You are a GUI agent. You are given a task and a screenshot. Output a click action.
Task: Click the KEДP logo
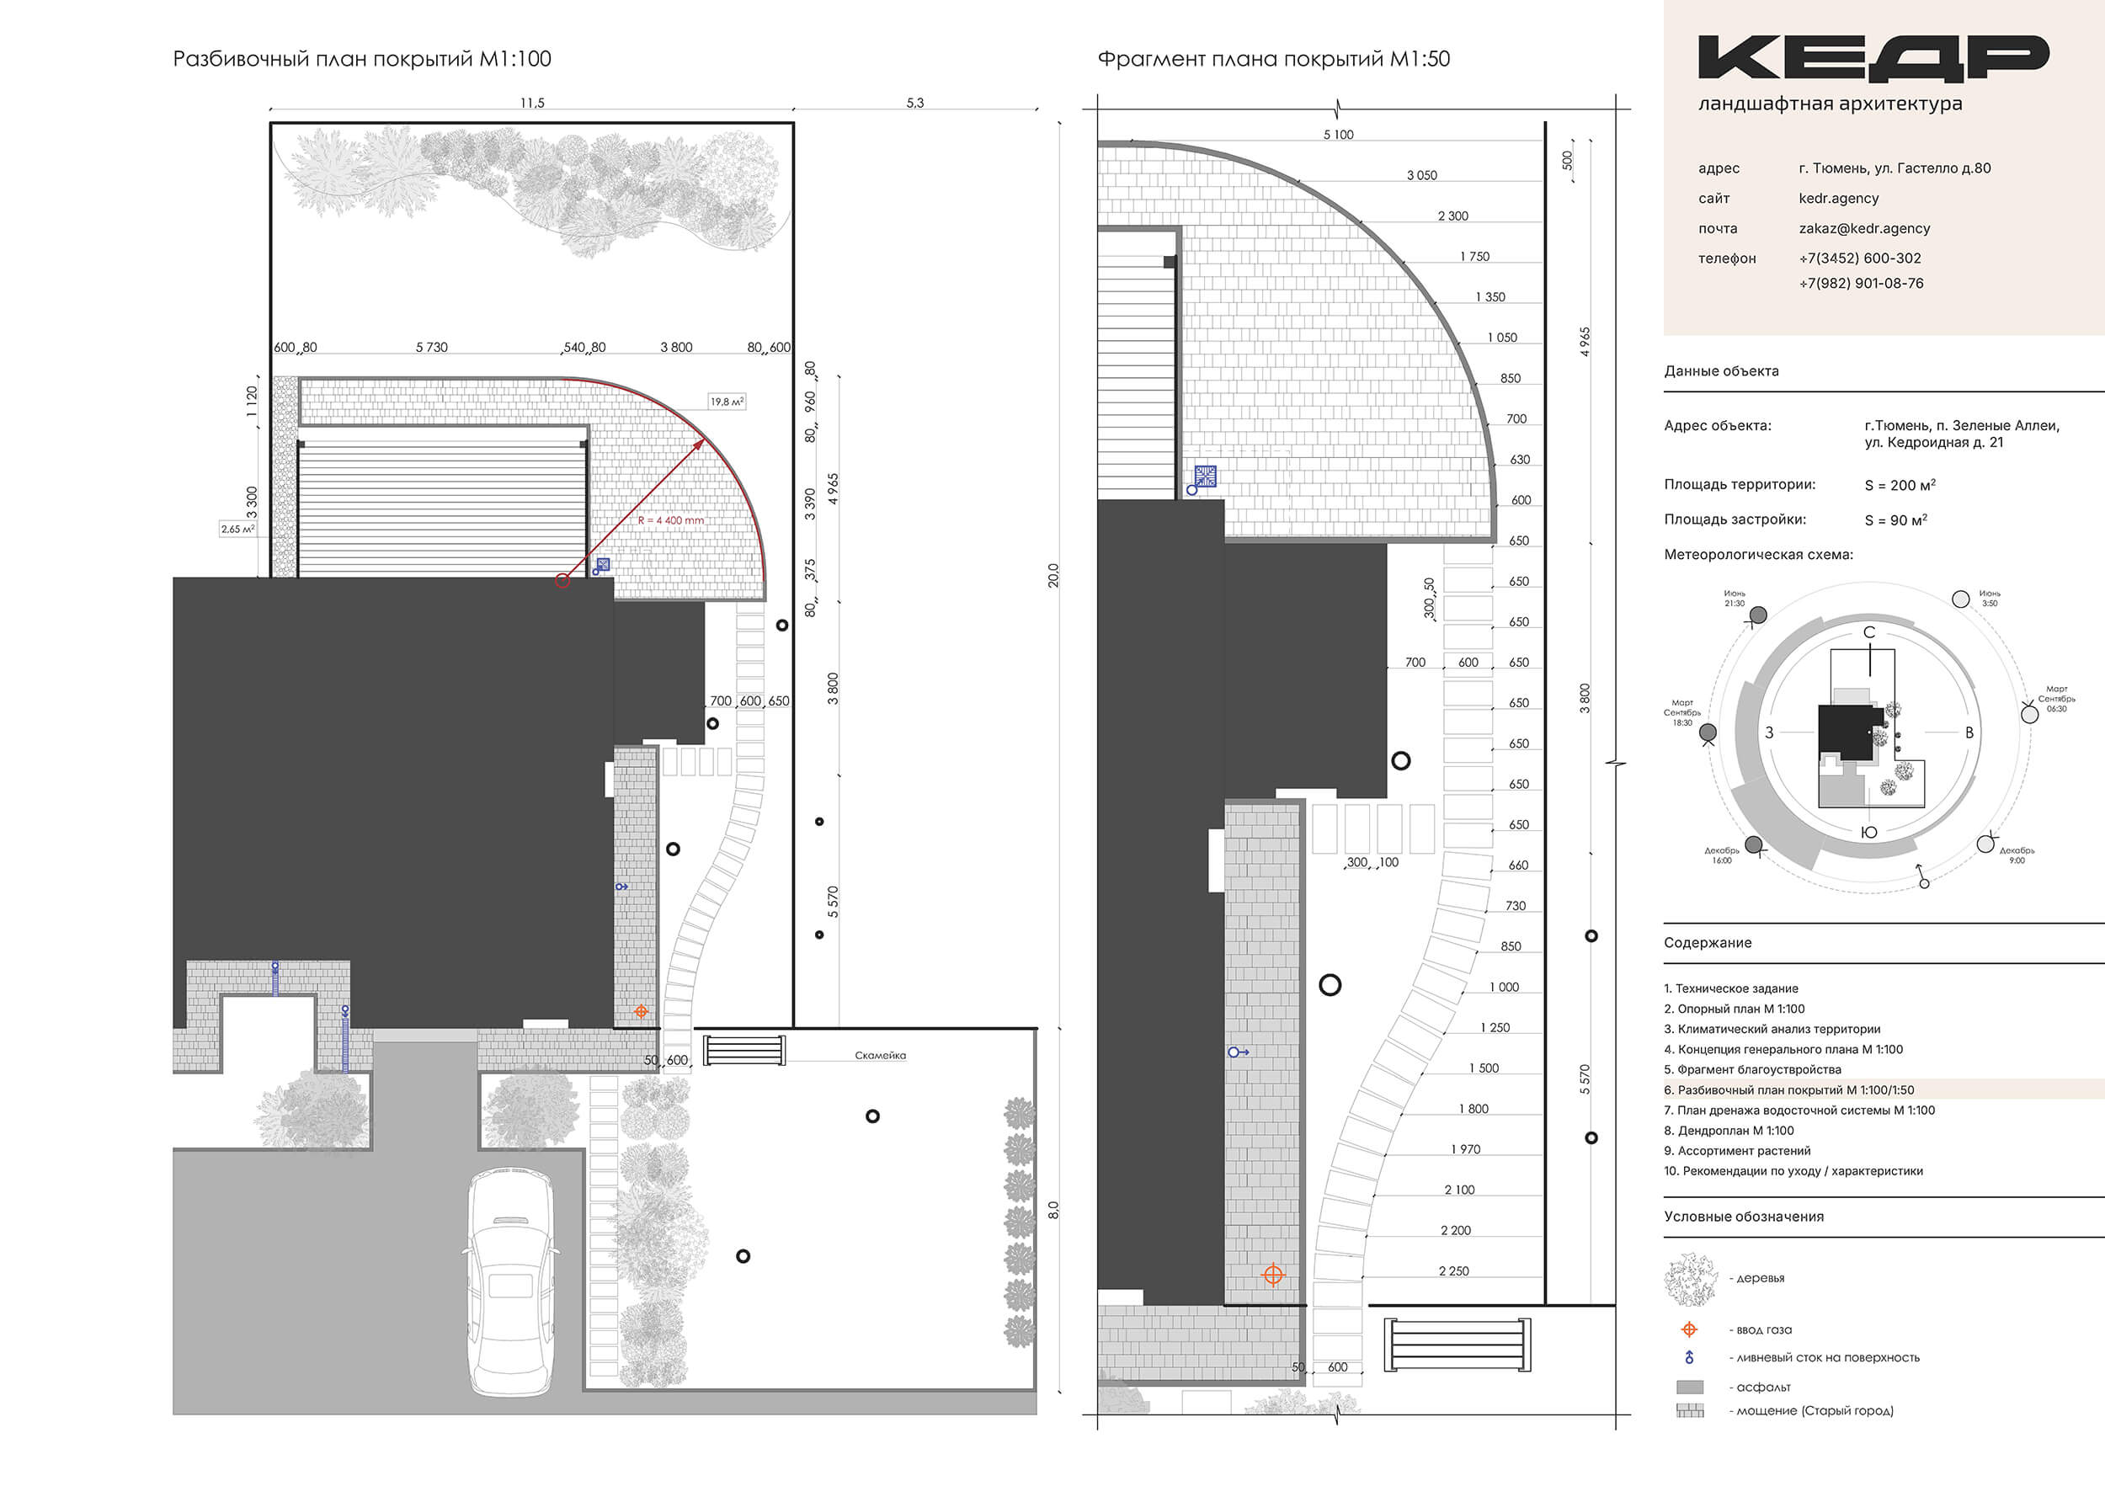pyautogui.click(x=1873, y=58)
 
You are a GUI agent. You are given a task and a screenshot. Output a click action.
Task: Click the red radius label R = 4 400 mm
pyautogui.click(x=671, y=520)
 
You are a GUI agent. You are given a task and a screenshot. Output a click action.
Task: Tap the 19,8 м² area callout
pyautogui.click(x=727, y=402)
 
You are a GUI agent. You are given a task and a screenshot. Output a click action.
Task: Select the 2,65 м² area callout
pyautogui.click(x=237, y=529)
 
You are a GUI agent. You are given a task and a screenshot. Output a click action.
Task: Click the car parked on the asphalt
pyautogui.click(x=510, y=1281)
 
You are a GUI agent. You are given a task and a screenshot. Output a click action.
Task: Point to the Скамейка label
pyautogui.click(x=880, y=1055)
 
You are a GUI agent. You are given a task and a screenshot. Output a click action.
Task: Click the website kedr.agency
pyautogui.click(x=1838, y=198)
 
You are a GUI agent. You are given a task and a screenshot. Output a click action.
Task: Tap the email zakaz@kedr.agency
pyautogui.click(x=1864, y=228)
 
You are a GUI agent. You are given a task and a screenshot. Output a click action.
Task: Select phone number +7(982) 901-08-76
pyautogui.click(x=1861, y=283)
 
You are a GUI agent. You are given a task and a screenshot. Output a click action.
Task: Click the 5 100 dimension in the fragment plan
pyautogui.click(x=1339, y=135)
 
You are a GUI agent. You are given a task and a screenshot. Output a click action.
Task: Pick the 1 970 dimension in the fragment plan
pyautogui.click(x=1466, y=1149)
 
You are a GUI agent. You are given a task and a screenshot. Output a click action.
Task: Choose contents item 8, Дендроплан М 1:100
pyautogui.click(x=1729, y=1131)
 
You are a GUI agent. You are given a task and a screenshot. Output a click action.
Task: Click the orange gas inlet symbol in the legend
pyautogui.click(x=1690, y=1329)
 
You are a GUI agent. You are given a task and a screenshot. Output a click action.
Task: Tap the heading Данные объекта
pyautogui.click(x=1721, y=371)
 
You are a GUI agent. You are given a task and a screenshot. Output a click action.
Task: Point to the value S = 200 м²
pyautogui.click(x=1900, y=485)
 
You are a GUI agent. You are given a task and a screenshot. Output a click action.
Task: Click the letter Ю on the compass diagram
pyautogui.click(x=1868, y=833)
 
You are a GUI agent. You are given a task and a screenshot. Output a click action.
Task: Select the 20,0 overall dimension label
pyautogui.click(x=1053, y=575)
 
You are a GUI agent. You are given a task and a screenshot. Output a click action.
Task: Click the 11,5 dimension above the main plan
pyautogui.click(x=532, y=103)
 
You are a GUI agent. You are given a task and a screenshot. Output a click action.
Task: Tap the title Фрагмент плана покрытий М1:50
pyautogui.click(x=1273, y=59)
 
